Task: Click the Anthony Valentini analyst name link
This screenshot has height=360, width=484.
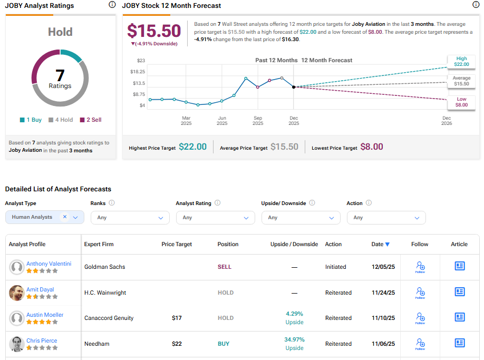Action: (x=49, y=264)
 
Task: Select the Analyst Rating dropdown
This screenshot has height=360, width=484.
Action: (x=215, y=217)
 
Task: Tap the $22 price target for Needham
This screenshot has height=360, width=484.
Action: (x=177, y=344)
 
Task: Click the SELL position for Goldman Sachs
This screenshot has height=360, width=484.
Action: (x=225, y=267)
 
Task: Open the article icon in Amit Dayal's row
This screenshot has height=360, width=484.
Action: (x=460, y=292)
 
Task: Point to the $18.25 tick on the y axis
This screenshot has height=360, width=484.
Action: (x=138, y=72)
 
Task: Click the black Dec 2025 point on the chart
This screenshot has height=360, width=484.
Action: (x=294, y=87)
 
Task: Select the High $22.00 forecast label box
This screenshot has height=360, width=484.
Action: (x=461, y=62)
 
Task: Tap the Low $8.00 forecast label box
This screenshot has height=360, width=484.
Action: (x=461, y=102)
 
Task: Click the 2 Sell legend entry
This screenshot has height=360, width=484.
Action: (x=91, y=120)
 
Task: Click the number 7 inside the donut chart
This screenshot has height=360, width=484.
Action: (x=60, y=74)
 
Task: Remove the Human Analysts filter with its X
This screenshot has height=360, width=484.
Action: (x=65, y=217)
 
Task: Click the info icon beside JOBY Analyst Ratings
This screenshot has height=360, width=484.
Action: (x=112, y=5)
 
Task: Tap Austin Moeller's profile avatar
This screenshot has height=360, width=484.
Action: (x=17, y=318)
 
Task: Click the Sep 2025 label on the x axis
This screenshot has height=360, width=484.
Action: (x=258, y=120)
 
